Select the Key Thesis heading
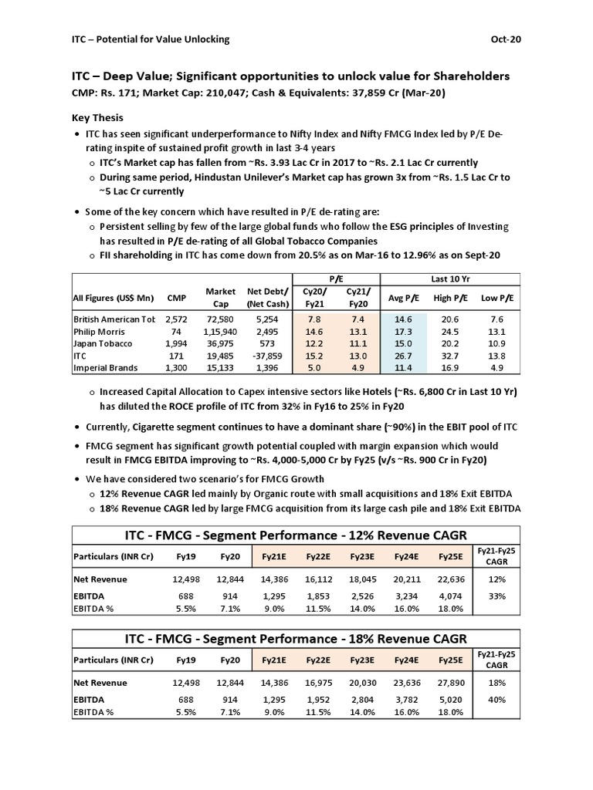click(x=99, y=118)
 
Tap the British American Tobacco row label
click(x=114, y=319)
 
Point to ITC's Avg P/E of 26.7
click(x=403, y=356)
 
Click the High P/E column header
click(x=453, y=298)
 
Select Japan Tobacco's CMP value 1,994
click(x=178, y=343)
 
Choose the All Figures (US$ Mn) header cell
click(x=114, y=298)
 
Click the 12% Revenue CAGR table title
click(x=296, y=535)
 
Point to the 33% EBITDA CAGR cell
click(x=496, y=597)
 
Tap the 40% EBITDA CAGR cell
click(x=496, y=699)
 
